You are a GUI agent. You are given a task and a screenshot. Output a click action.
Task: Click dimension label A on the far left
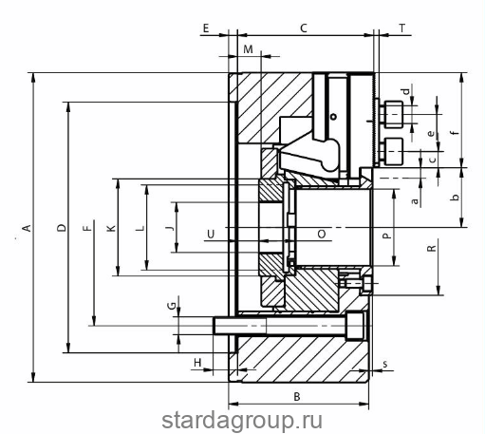[27, 228]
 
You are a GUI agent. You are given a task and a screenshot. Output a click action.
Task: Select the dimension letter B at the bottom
[297, 397]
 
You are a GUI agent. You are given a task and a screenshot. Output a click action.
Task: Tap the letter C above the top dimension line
[304, 28]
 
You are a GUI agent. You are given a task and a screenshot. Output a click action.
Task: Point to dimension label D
[62, 228]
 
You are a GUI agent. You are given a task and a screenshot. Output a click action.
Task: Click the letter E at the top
[206, 28]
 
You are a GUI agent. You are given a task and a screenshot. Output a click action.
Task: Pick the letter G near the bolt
[172, 306]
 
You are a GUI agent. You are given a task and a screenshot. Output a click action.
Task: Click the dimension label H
[197, 363]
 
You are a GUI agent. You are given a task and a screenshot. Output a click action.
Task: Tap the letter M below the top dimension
[248, 49]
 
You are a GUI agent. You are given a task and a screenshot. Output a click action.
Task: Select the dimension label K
[111, 228]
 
